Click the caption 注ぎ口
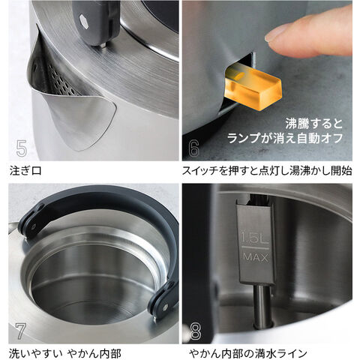pos(26,171)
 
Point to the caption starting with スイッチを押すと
pos(266,171)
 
